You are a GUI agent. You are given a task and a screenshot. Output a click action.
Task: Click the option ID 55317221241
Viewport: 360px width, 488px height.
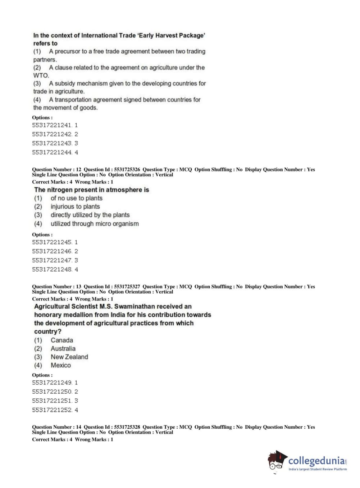coord(52,125)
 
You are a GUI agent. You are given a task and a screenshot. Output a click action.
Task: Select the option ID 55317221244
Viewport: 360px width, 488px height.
coord(52,152)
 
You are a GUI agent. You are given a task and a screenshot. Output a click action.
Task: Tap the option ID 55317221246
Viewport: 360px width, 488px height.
coord(52,251)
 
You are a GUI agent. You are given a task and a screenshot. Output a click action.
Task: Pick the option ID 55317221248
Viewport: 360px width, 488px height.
coord(52,269)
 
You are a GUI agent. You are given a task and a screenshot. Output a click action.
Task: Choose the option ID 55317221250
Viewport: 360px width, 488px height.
coord(52,392)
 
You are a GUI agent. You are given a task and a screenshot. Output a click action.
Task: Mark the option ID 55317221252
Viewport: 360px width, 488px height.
coord(52,410)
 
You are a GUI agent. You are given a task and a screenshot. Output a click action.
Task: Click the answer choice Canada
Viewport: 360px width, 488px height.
coord(61,340)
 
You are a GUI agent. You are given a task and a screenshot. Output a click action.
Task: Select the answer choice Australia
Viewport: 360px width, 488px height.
coord(63,348)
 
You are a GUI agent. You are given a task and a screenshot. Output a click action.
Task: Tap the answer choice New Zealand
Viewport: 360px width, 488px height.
coord(69,357)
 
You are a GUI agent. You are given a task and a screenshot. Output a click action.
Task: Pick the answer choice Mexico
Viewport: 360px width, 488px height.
coord(60,365)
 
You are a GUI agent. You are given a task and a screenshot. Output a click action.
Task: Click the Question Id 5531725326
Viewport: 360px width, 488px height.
coord(127,170)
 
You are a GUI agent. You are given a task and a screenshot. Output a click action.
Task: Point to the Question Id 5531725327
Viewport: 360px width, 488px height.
coord(127,286)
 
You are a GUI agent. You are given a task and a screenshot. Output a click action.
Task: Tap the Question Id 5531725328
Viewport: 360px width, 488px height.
coord(127,427)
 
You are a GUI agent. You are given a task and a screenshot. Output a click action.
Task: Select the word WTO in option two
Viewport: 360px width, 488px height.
coord(41,75)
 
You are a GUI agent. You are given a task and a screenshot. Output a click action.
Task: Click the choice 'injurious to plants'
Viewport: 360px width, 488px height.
coord(75,207)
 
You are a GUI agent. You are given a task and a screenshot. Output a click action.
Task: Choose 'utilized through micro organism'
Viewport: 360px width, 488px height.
coord(94,223)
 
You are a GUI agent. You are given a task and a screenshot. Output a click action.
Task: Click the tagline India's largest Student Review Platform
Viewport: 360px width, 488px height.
coord(318,469)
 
